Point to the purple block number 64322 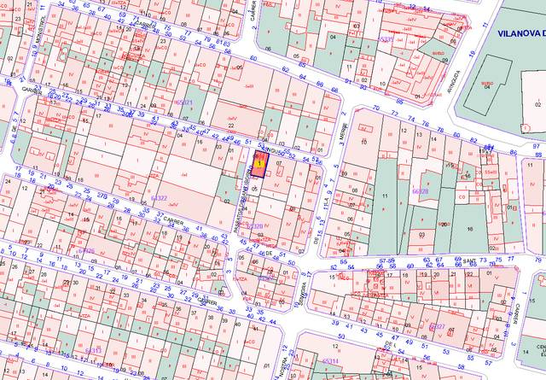click(x=159, y=198)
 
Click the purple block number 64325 click(x=84, y=251)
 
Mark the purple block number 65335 click(x=386, y=39)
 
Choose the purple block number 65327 click(x=435, y=326)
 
